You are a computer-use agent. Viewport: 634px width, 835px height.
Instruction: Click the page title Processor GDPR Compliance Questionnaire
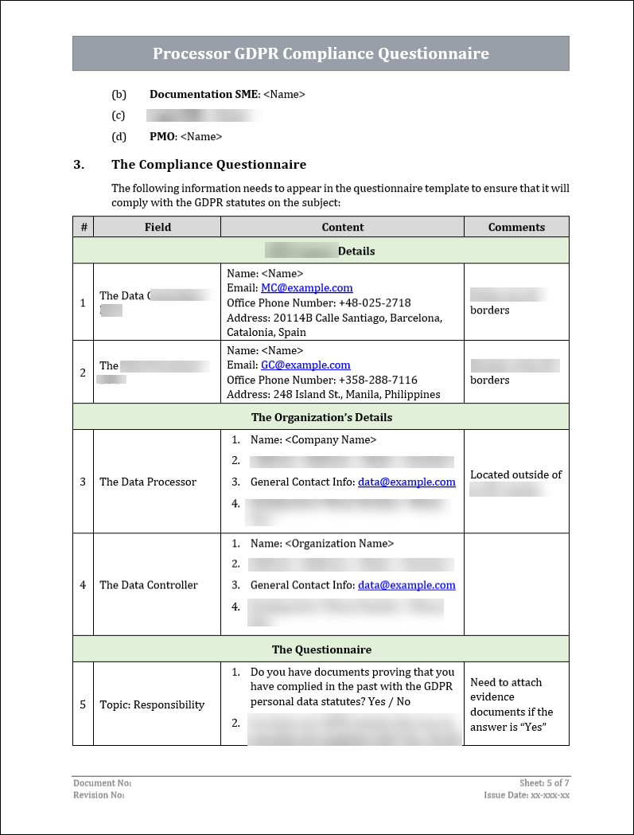pos(321,54)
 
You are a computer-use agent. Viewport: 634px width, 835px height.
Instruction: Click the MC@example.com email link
pos(306,288)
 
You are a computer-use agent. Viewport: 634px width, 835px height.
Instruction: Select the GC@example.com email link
pos(305,365)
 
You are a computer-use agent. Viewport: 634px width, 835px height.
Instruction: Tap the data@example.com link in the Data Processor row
pos(406,482)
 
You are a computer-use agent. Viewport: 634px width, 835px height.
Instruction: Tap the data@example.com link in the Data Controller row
pos(406,585)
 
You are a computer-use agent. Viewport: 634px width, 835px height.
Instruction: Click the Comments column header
pos(516,227)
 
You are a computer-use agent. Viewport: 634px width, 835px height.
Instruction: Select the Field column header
pos(158,227)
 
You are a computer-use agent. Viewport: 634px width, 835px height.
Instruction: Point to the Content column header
pos(342,227)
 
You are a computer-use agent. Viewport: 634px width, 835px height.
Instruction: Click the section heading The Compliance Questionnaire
pos(208,165)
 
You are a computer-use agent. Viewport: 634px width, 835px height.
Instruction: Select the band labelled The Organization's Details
pos(321,417)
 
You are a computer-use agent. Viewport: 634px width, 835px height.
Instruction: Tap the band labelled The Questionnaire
pos(321,650)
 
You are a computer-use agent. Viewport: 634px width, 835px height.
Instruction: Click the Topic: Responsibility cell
pos(152,704)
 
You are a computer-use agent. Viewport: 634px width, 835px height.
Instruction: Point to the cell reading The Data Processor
pos(148,482)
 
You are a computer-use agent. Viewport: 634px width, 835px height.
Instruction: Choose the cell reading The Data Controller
pos(149,585)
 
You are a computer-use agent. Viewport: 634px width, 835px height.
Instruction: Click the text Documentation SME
pos(204,94)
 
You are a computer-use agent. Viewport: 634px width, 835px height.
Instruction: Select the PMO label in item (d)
pos(161,137)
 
